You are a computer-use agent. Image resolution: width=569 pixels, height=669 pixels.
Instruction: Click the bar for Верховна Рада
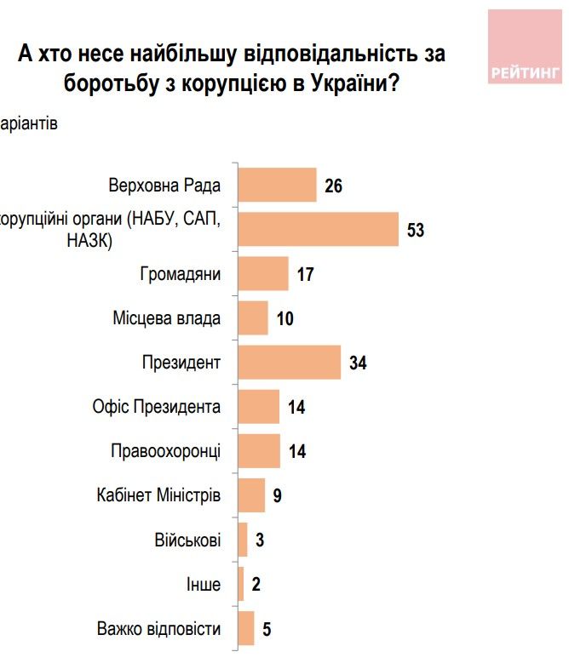pyautogui.click(x=277, y=185)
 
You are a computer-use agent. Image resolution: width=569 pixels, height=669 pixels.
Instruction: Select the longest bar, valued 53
pyautogui.click(x=319, y=229)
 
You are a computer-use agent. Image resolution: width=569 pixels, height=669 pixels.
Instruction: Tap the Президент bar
pyautogui.click(x=290, y=363)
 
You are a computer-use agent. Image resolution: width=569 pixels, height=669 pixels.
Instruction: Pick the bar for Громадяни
pyautogui.click(x=263, y=274)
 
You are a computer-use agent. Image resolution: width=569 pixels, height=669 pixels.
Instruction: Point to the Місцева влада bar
pyautogui.click(x=253, y=318)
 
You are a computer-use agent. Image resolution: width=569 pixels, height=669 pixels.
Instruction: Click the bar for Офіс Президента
pyautogui.click(x=259, y=407)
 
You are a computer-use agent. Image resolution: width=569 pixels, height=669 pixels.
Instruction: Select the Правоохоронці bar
pyautogui.click(x=259, y=451)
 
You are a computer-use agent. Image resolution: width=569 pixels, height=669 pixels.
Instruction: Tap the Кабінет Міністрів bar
pyautogui.click(x=252, y=495)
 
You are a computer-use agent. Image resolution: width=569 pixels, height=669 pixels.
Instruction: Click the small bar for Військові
pyautogui.click(x=243, y=540)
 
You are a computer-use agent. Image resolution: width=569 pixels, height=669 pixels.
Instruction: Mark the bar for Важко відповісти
pyautogui.click(x=246, y=629)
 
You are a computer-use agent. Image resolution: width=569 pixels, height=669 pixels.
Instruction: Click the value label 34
pyautogui.click(x=358, y=363)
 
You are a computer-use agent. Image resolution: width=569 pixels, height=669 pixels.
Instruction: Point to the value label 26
pyautogui.click(x=333, y=186)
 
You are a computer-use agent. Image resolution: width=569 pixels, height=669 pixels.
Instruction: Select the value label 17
pyautogui.click(x=306, y=275)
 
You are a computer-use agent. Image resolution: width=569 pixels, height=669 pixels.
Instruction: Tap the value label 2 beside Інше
pyautogui.click(x=256, y=586)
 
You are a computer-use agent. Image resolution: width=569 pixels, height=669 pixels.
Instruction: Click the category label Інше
pyautogui.click(x=204, y=586)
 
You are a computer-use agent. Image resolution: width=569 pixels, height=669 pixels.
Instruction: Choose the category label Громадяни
pyautogui.click(x=180, y=275)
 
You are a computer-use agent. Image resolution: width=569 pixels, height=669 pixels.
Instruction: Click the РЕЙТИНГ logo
pyautogui.click(x=524, y=48)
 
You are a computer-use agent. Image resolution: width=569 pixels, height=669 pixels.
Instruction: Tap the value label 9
pyautogui.click(x=278, y=496)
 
